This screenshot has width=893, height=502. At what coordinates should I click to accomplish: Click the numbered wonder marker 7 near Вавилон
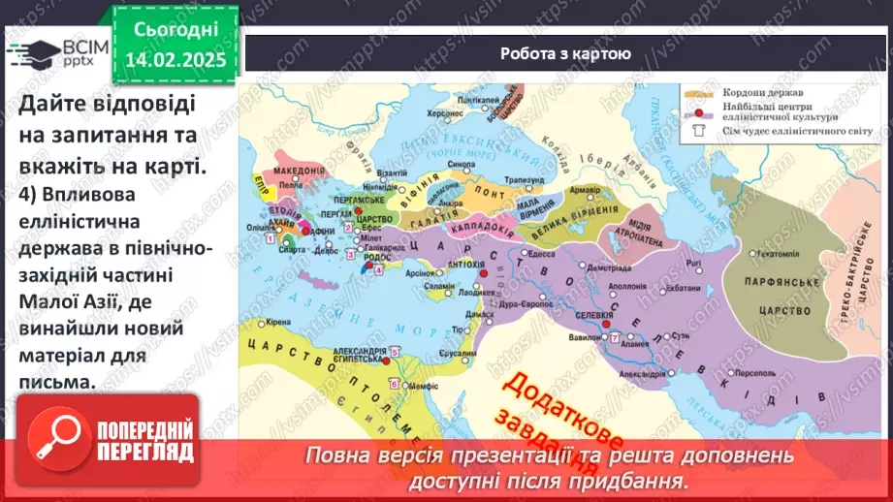point(614,336)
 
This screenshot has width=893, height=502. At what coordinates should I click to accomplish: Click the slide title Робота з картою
point(564,54)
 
